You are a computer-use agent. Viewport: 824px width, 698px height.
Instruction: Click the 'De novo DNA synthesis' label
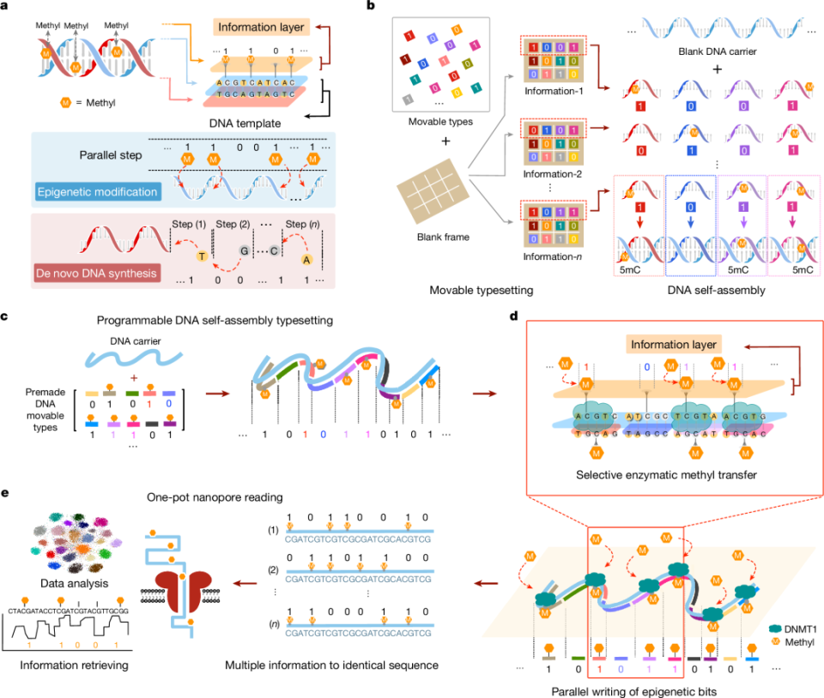pos(92,273)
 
